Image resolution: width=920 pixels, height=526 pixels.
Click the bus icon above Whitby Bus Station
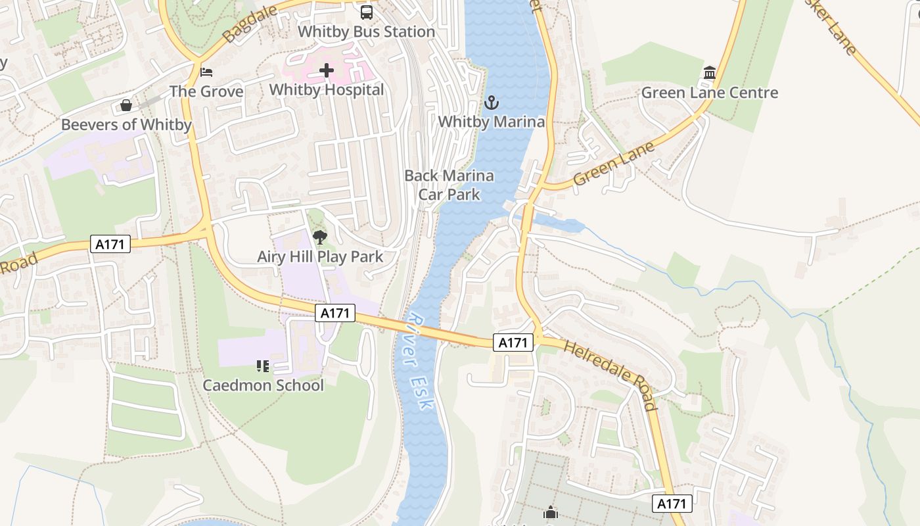pos(366,12)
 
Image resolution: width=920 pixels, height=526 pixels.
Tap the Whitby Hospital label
pos(327,89)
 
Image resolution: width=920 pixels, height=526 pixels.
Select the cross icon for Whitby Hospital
pos(327,70)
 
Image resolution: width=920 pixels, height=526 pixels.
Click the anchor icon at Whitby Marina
pos(491,102)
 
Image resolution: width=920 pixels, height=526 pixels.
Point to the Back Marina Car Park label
pos(449,185)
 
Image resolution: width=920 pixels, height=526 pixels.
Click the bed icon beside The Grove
pos(206,72)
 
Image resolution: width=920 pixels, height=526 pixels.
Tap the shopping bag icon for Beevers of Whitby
pos(126,105)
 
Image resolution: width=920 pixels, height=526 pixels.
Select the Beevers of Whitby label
pos(126,124)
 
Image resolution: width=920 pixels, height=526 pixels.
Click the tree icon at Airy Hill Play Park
pos(320,237)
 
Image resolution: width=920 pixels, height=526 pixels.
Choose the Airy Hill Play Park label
pos(320,256)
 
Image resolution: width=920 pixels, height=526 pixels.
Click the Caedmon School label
pos(263,385)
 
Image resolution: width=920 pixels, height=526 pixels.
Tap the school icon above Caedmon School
pos(263,366)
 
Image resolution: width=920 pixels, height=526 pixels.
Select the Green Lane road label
pos(614,164)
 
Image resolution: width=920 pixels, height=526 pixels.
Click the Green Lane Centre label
pos(709,93)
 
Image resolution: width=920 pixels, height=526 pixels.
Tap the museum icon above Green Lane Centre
pos(709,72)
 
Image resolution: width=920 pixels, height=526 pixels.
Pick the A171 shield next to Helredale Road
pos(513,342)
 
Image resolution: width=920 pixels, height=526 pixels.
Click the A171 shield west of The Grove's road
pos(110,244)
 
